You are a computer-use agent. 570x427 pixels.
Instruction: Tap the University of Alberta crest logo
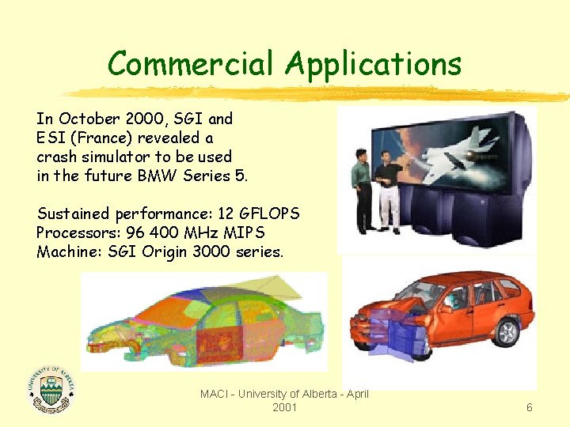pos(51,385)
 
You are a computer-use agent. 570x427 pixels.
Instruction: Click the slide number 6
pos(530,407)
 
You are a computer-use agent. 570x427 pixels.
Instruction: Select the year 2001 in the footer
pos(284,407)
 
